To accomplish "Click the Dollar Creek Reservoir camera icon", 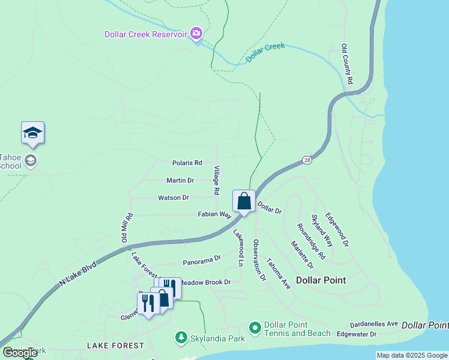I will [196, 34].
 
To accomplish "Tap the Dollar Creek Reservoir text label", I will [145, 34].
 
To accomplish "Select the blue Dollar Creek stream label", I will [265, 53].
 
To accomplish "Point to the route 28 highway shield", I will [307, 160].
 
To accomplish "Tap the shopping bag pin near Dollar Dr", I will [244, 202].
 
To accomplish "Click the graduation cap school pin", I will [32, 133].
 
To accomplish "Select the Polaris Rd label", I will [187, 163].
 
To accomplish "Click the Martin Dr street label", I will [180, 180].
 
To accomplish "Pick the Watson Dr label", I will [173, 197].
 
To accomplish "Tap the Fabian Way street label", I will [215, 214].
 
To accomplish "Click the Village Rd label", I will [217, 181].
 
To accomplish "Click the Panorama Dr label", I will [202, 260].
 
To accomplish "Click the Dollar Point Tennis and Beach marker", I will [255, 328].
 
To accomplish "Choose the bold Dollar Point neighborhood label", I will [321, 280].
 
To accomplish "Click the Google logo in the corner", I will [20, 353].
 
